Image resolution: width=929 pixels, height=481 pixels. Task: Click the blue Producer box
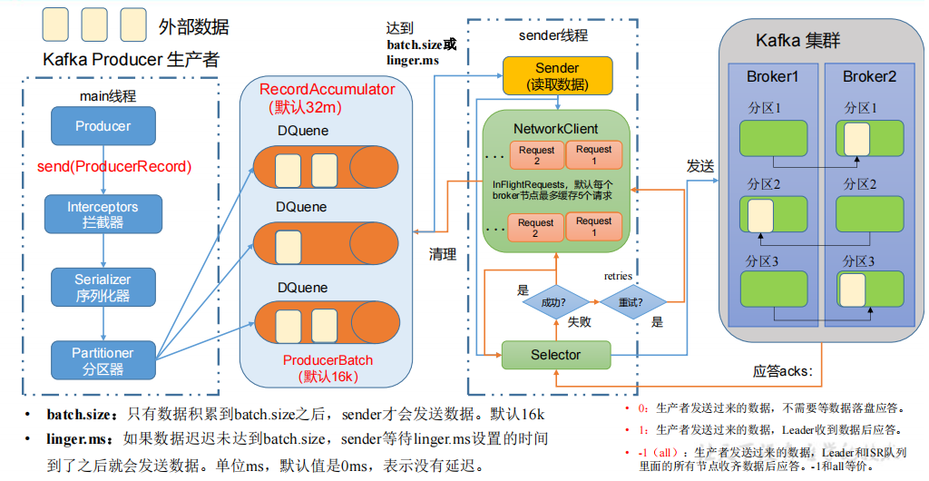[103, 126]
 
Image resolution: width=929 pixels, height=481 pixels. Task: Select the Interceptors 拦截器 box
[103, 214]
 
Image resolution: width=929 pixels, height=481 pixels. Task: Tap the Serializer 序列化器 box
[103, 287]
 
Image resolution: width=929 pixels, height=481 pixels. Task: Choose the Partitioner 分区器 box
[103, 360]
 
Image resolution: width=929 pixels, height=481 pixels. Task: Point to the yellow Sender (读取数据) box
[556, 76]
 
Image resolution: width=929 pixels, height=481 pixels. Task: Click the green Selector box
[555, 355]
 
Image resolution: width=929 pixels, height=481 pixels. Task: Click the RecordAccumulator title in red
[327, 89]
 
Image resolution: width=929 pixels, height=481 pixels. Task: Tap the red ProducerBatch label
[327, 360]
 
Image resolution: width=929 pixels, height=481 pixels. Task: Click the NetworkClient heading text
[555, 128]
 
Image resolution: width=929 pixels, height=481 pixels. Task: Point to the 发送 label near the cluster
[699, 167]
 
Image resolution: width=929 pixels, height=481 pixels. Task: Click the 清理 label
[443, 254]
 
